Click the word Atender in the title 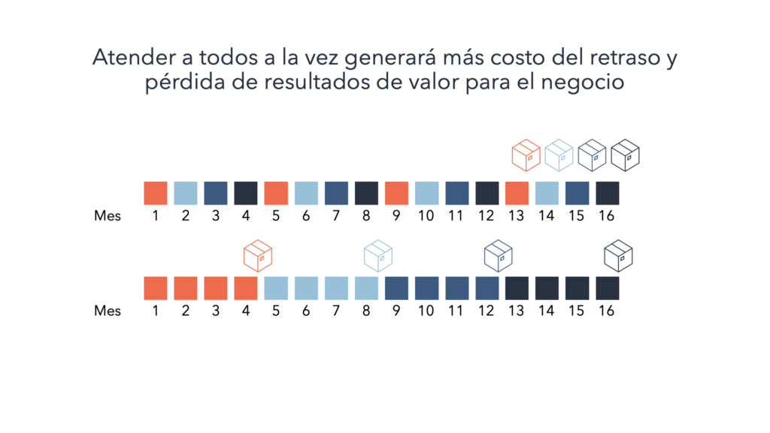pyautogui.click(x=126, y=58)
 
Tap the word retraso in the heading pyautogui.click(x=626, y=58)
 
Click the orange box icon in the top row pyautogui.click(x=526, y=156)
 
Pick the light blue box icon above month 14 pyautogui.click(x=559, y=156)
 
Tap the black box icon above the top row pyautogui.click(x=625, y=156)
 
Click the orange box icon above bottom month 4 pyautogui.click(x=257, y=256)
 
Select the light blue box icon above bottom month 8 pyautogui.click(x=377, y=256)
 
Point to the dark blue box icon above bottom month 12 pyautogui.click(x=498, y=256)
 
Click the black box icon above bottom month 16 pyautogui.click(x=618, y=256)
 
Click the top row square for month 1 pyautogui.click(x=156, y=193)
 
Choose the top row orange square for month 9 pyautogui.click(x=396, y=193)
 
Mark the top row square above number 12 pyautogui.click(x=487, y=193)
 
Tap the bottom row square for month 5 pyautogui.click(x=276, y=289)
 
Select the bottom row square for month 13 pyautogui.click(x=517, y=289)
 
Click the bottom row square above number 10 pyautogui.click(x=426, y=289)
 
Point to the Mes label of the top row pyautogui.click(x=108, y=216)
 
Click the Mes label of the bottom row pyautogui.click(x=108, y=310)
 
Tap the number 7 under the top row pyautogui.click(x=336, y=216)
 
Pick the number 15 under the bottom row pyautogui.click(x=577, y=310)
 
